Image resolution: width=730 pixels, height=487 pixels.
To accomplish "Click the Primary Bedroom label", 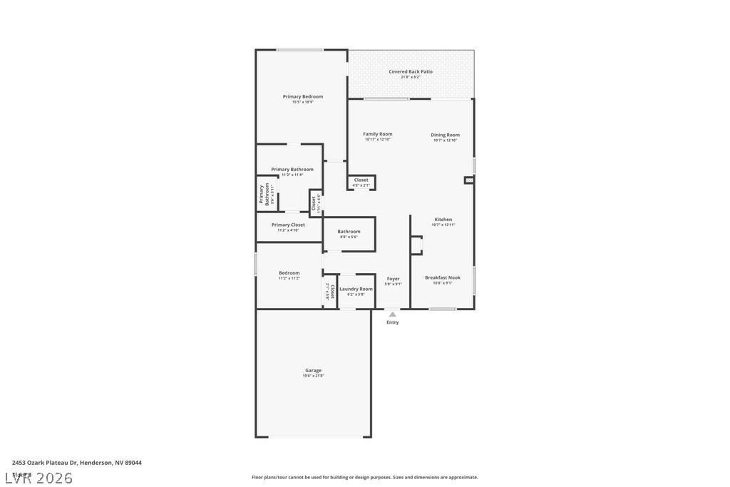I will pos(302,97).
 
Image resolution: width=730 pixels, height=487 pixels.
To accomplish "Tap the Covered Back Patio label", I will pos(410,71).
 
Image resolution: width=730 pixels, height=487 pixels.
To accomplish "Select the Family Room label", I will pos(377,134).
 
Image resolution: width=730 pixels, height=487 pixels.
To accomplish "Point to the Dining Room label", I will pos(445,135).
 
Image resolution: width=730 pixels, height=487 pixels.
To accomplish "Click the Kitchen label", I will pos(443,220).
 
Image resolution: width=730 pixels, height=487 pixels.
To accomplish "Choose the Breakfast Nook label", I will pos(443,277).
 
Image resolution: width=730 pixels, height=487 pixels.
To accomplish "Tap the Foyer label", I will pos(393,279).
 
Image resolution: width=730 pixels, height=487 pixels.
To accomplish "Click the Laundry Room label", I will pos(355,289).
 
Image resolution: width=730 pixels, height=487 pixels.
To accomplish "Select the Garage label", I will pos(313,370).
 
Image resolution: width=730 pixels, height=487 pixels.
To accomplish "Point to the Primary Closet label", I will pos(288,225).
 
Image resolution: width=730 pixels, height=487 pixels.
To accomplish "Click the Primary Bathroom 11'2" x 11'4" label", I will pos(292,170).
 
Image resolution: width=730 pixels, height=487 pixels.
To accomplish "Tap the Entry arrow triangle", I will pos(392,314).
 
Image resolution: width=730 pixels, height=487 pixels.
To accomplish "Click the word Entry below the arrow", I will pos(393,322).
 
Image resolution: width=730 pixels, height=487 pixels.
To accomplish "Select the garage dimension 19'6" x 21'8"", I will pos(313,376).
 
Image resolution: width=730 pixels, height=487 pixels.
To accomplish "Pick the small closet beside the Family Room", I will pos(361,182).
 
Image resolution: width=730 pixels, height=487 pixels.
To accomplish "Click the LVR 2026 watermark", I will pos(39,478).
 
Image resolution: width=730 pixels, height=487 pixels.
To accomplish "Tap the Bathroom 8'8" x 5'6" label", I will pos(349,232).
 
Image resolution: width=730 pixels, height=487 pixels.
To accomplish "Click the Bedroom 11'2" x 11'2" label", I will pos(289,273).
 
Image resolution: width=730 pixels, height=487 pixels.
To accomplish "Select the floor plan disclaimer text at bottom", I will pos(364,477).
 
